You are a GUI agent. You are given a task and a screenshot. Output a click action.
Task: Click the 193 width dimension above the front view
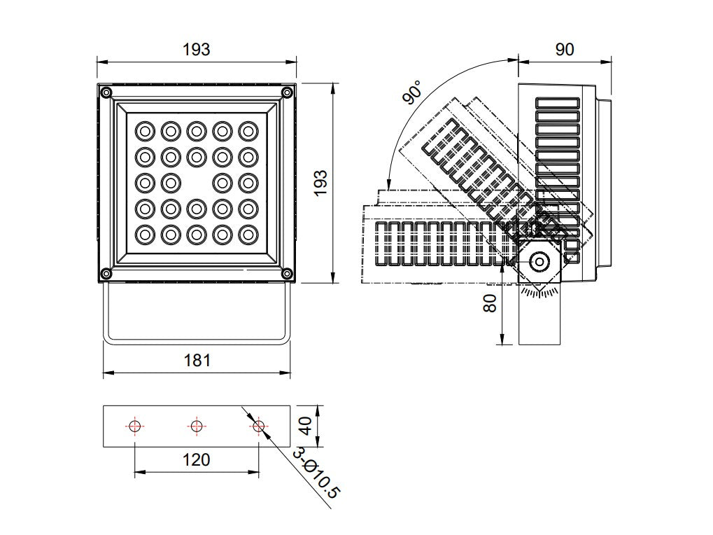tap(196, 50)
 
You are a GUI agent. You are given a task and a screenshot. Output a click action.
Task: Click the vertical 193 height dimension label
tap(320, 183)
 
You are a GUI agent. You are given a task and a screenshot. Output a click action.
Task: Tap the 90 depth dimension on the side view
tap(564, 50)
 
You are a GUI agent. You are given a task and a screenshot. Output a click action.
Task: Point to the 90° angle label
tap(412, 92)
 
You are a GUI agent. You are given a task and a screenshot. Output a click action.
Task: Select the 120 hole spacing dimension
tap(196, 459)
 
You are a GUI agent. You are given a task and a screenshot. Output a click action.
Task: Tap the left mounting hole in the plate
tap(135, 426)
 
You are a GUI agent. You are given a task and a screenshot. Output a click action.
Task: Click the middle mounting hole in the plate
tap(196, 426)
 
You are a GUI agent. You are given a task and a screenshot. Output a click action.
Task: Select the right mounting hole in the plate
tap(258, 426)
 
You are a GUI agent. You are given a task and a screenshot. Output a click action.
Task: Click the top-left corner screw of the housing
tap(106, 92)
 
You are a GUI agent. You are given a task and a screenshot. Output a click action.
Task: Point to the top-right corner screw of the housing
tap(287, 92)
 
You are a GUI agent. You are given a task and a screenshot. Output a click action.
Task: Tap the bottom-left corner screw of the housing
tap(106, 273)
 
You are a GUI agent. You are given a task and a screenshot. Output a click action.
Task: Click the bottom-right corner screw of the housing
tap(287, 273)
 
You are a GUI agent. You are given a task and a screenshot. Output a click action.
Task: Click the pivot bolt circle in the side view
tap(539, 262)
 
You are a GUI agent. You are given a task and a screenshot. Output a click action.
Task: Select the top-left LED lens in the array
tap(145, 131)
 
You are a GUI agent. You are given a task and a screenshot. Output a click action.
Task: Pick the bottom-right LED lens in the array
tap(248, 234)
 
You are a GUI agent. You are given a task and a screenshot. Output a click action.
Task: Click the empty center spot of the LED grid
tap(197, 183)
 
